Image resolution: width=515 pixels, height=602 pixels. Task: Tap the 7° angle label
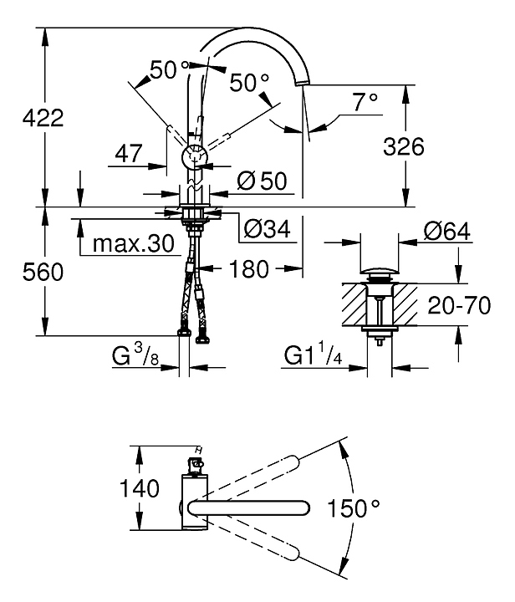click(365, 102)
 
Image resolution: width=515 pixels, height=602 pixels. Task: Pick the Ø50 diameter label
click(262, 180)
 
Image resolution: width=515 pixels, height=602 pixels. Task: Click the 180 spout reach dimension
click(248, 269)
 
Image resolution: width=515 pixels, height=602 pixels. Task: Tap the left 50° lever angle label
click(169, 71)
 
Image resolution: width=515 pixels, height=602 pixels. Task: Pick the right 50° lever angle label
click(250, 82)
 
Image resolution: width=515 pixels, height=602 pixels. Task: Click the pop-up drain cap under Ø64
click(380, 273)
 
